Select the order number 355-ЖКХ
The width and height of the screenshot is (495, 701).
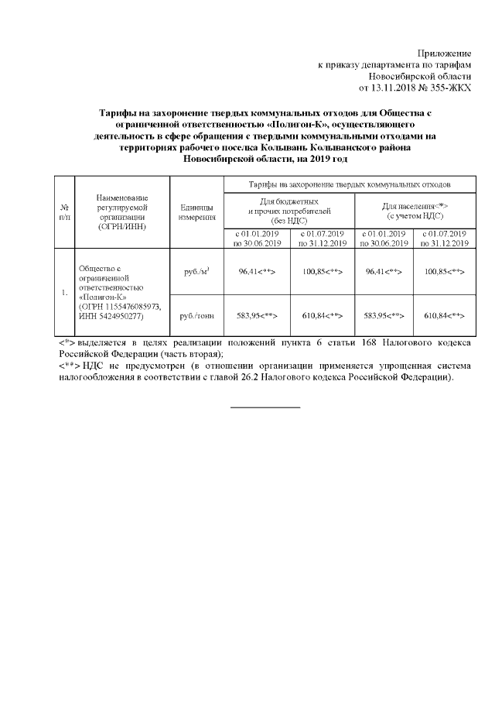click(x=450, y=89)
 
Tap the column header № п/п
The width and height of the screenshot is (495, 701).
click(x=63, y=212)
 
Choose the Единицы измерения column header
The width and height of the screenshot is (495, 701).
click(x=196, y=212)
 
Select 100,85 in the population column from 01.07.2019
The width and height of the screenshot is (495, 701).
click(x=445, y=272)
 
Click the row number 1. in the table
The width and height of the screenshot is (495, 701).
click(x=63, y=294)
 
